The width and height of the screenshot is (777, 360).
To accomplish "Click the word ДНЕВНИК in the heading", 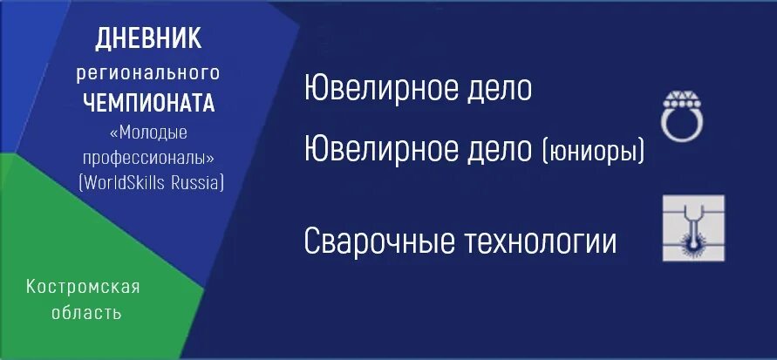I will pyautogui.click(x=147, y=39).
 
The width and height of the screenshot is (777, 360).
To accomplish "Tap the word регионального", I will pyautogui.click(x=147, y=72).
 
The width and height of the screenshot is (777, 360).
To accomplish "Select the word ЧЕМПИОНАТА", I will pyautogui.click(x=148, y=103).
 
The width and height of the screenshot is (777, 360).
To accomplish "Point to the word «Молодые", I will pyautogui.click(x=147, y=132).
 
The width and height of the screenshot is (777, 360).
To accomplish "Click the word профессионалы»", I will pyautogui.click(x=148, y=158).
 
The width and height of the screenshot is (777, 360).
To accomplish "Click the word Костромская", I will pyautogui.click(x=83, y=287).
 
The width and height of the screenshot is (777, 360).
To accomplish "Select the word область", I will pyautogui.click(x=83, y=312).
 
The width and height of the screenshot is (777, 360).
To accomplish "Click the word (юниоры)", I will pyautogui.click(x=593, y=152).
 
